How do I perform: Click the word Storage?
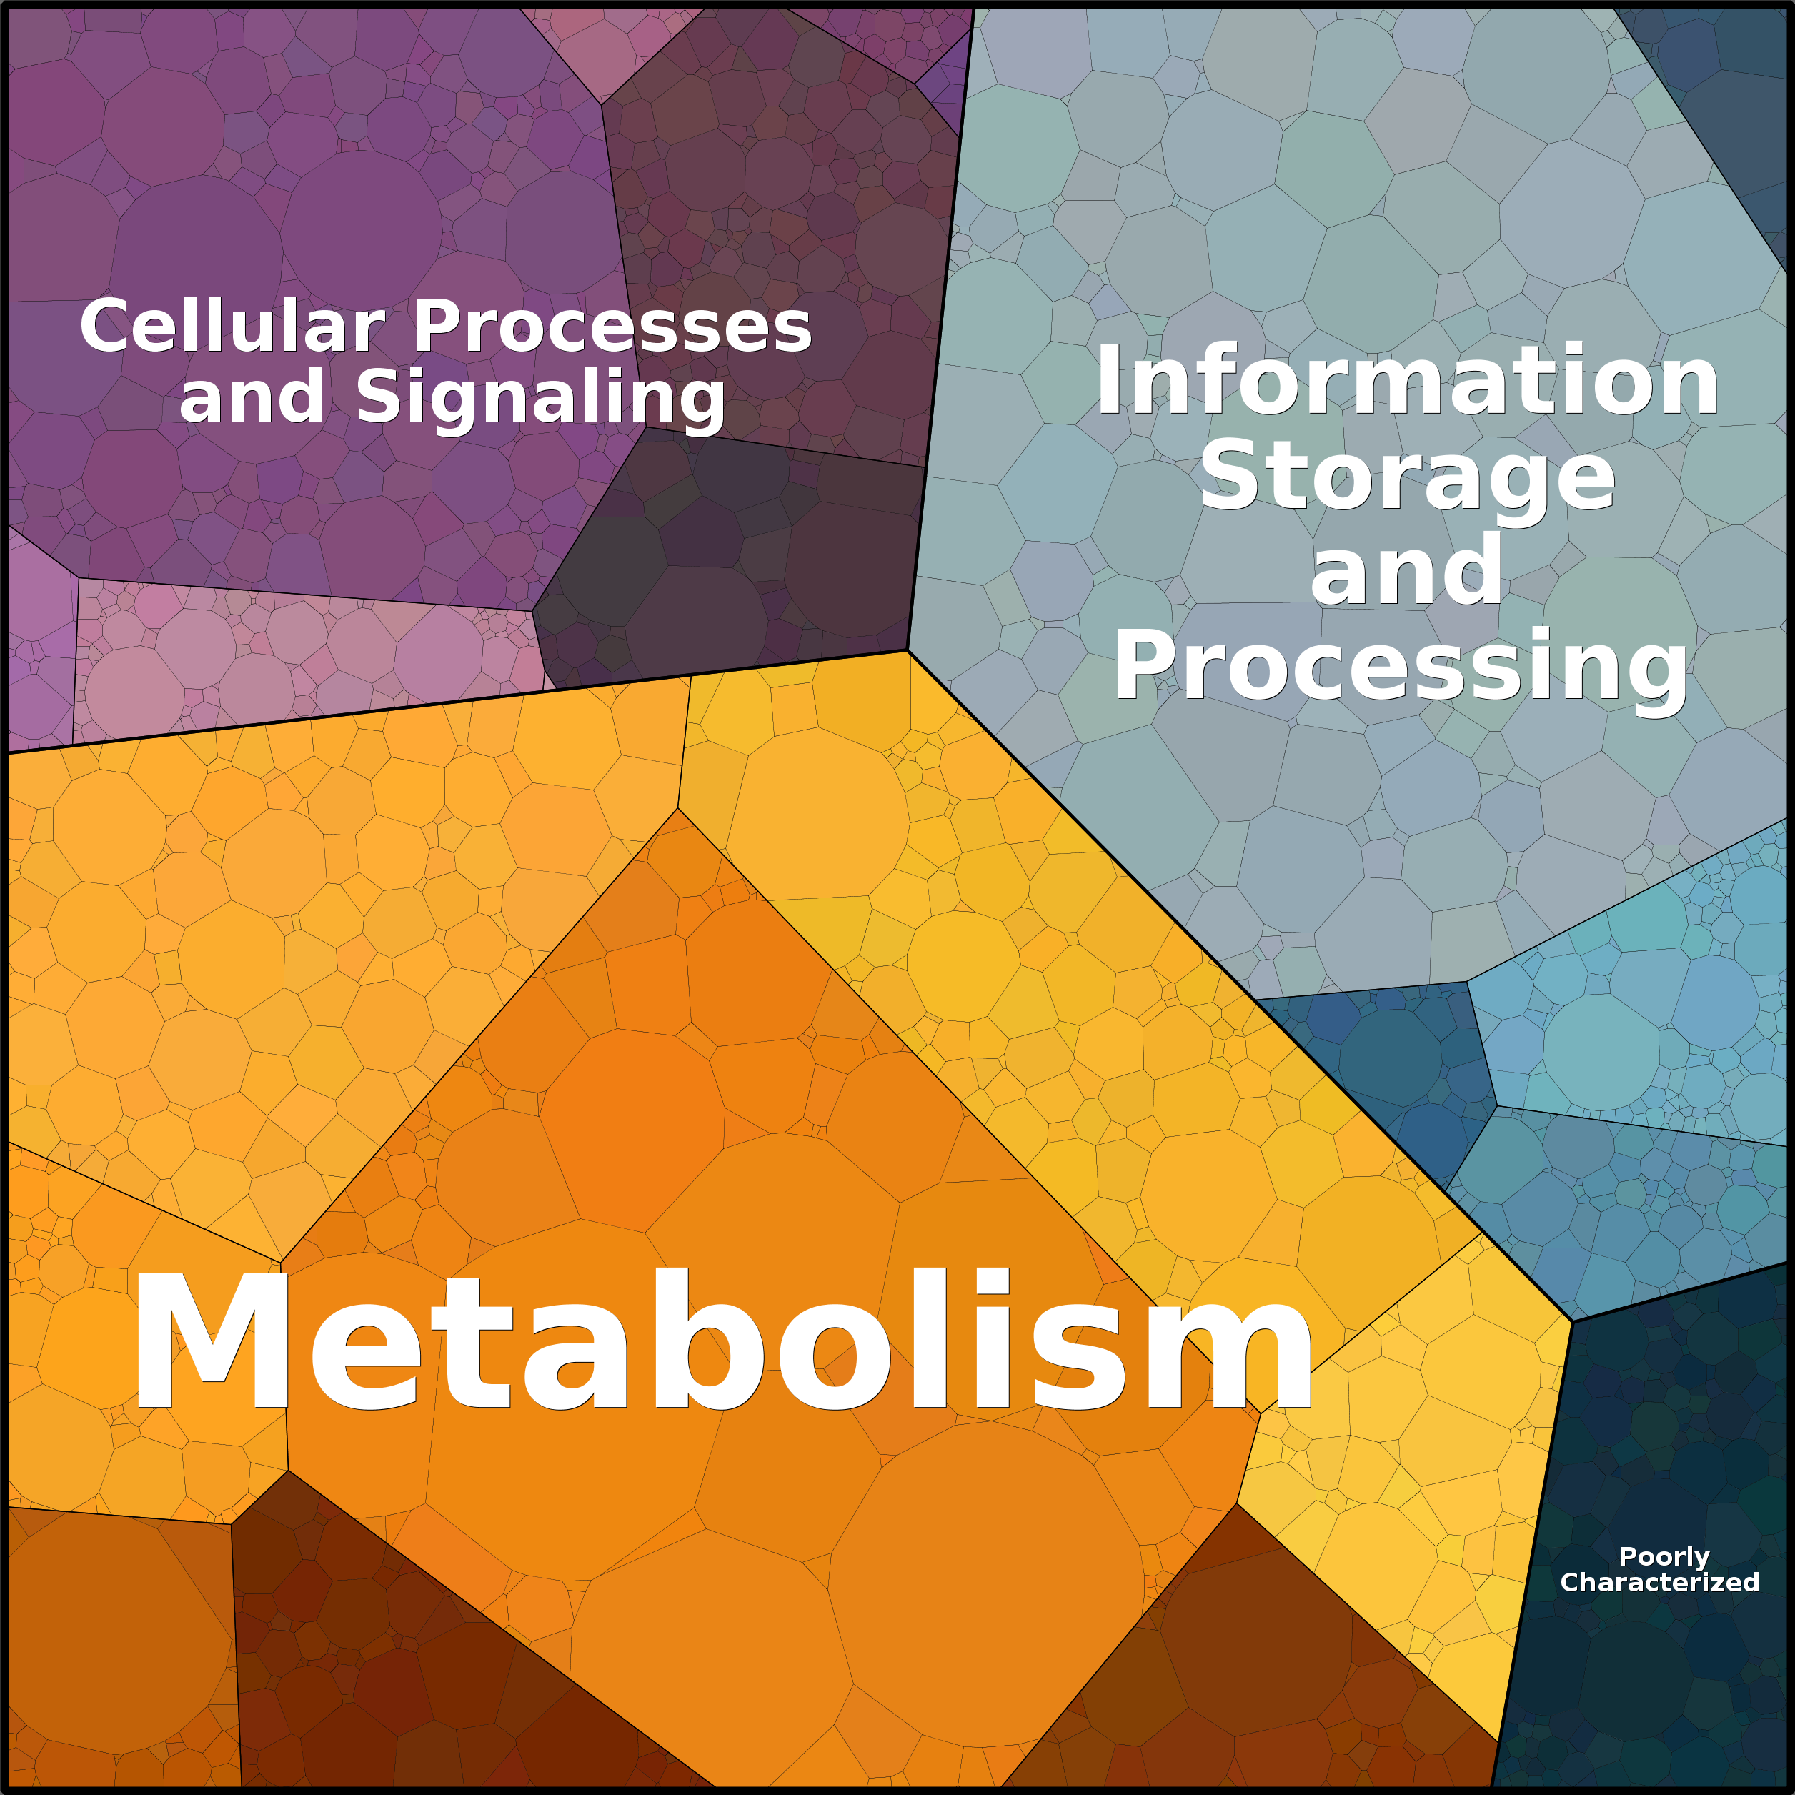click(x=1408, y=479)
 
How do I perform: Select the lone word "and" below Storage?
click(x=1407, y=570)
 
